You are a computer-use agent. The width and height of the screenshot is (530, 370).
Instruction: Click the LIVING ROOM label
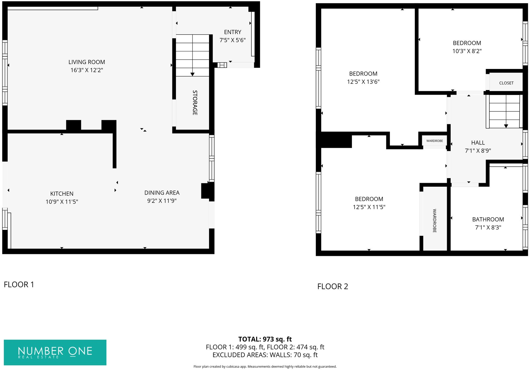click(86, 62)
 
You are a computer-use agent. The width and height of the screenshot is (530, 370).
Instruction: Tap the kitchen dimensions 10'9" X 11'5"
click(62, 202)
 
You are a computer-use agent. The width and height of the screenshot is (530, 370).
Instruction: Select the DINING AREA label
click(162, 193)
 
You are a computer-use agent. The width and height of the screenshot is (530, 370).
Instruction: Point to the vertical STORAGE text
click(195, 103)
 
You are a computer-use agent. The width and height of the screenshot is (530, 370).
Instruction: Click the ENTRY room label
click(233, 32)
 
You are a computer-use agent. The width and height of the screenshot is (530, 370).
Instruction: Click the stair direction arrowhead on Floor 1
click(192, 74)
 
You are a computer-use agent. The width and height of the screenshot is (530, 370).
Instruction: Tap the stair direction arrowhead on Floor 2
click(506, 126)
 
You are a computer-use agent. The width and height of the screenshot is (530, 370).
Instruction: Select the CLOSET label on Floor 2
click(506, 83)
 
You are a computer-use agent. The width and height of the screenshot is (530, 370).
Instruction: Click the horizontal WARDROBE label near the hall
click(435, 141)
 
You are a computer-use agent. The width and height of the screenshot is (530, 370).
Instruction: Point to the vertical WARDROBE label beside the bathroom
click(434, 221)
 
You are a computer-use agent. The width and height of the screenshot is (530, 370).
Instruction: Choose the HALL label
click(478, 143)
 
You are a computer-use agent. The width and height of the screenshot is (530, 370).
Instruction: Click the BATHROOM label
click(488, 219)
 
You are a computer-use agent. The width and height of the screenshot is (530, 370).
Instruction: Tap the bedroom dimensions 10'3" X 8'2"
click(467, 51)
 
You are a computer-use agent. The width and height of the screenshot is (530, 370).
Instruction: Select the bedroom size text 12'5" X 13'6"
click(363, 82)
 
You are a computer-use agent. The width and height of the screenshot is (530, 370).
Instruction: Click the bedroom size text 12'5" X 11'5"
click(369, 207)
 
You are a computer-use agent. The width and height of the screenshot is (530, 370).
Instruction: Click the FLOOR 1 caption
click(19, 285)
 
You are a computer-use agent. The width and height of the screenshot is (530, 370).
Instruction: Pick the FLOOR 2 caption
click(332, 287)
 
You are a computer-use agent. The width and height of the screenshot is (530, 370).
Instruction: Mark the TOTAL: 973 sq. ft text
click(265, 339)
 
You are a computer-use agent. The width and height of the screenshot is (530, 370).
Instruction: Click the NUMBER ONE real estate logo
click(55, 352)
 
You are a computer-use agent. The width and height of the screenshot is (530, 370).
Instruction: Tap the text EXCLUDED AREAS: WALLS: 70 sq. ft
click(265, 355)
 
